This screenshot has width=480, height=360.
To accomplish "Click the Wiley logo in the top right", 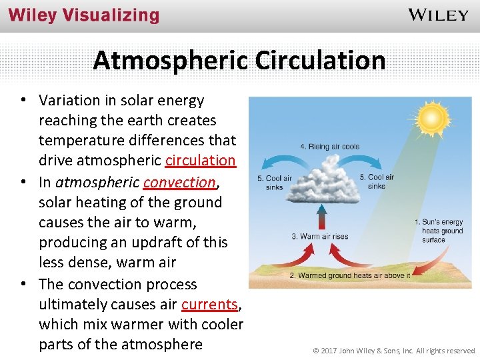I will click(x=438, y=15).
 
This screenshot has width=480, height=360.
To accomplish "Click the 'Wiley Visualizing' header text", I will click(x=84, y=15).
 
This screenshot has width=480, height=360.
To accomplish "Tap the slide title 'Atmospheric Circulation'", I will click(x=239, y=60).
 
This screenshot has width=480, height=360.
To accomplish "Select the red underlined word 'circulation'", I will click(x=200, y=161).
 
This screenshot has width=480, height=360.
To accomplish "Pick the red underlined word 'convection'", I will click(x=179, y=181).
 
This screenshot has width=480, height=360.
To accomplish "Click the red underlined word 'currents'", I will click(x=209, y=304).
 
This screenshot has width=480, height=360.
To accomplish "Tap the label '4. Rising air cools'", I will click(x=330, y=147).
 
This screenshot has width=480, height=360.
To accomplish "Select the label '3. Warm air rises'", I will click(x=320, y=236).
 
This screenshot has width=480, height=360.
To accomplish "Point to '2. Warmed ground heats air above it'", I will click(x=349, y=275).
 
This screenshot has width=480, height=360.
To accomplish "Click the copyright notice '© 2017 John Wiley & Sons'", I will click(x=395, y=350).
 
